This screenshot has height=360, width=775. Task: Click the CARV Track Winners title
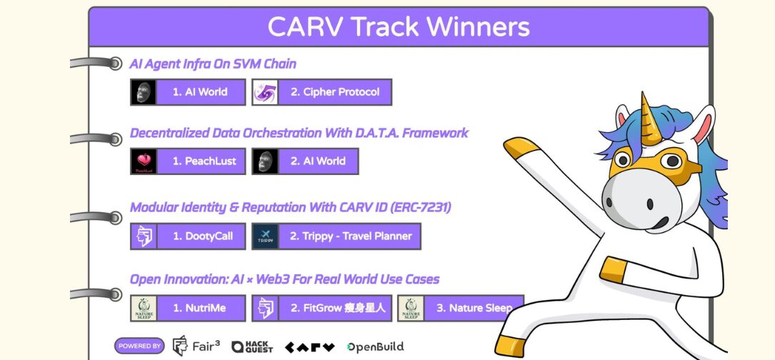399,26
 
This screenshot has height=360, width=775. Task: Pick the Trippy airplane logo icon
265,236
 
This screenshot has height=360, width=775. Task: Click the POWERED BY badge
139,346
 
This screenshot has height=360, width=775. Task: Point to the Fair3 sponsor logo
196,346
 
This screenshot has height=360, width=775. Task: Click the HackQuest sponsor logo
252,346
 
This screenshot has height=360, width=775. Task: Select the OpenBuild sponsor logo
375,346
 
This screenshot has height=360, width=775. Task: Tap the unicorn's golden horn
649,118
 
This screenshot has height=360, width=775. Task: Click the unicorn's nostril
650,204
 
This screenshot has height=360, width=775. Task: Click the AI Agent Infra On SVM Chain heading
213,64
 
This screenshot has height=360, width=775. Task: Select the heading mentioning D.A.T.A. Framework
299,133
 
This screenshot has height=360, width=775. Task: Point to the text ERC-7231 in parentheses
420,207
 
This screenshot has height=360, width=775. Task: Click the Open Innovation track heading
285,279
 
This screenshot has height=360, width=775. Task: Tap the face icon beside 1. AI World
144,92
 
